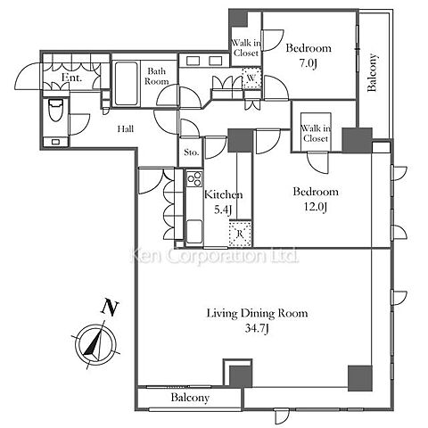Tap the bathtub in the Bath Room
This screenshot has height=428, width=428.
(x=126, y=84)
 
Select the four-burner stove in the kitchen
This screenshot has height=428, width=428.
(x=194, y=179)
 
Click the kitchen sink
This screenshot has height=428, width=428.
(x=194, y=232)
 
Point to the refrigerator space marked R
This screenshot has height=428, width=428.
(x=240, y=234)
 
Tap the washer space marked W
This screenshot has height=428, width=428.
(x=251, y=78)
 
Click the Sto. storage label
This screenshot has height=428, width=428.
(x=191, y=152)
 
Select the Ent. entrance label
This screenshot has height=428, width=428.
(x=71, y=78)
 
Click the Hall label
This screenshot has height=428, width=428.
(x=126, y=129)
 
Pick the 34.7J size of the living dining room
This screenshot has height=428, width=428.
(x=257, y=329)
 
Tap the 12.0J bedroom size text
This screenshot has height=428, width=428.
(x=316, y=207)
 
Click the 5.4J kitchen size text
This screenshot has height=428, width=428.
(x=223, y=210)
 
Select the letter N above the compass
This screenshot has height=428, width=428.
(x=111, y=308)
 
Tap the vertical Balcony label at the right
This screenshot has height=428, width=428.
(x=372, y=72)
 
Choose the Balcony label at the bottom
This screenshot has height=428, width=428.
(x=190, y=398)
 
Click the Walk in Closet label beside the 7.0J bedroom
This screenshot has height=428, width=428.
(x=246, y=48)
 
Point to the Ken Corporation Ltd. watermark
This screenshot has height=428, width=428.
(x=215, y=256)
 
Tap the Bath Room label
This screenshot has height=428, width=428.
(x=157, y=76)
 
